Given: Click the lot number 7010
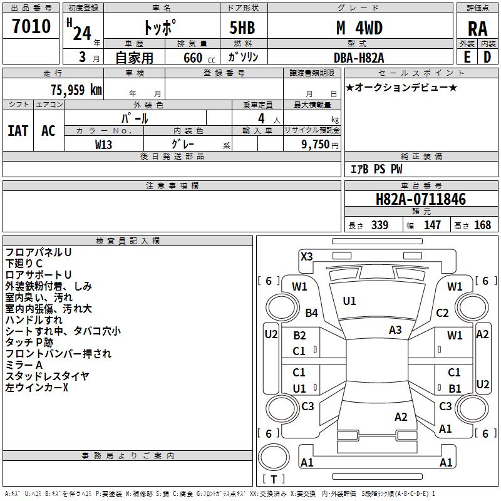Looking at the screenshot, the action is pyautogui.click(x=31, y=26).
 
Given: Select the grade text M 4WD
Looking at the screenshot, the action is pyautogui.click(x=359, y=28).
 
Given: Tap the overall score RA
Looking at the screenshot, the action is pyautogui.click(x=477, y=29).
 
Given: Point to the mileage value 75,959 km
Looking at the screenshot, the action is pyautogui.click(x=76, y=90).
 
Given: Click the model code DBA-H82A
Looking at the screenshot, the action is pyautogui.click(x=359, y=58).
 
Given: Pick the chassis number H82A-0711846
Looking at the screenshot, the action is pyautogui.click(x=421, y=199).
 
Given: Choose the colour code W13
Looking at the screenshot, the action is pyautogui.click(x=103, y=145).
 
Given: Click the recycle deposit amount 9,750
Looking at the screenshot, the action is pyautogui.click(x=316, y=144).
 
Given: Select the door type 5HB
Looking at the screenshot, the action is pyautogui.click(x=242, y=28).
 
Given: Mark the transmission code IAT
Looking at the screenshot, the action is pyautogui.click(x=18, y=131).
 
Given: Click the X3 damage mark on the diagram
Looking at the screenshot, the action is pyautogui.click(x=306, y=256).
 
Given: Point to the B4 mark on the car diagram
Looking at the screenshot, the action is pyautogui.click(x=311, y=312).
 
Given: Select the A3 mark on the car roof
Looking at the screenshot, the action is pyautogui.click(x=395, y=329).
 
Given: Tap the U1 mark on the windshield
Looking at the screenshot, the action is pyautogui.click(x=349, y=301).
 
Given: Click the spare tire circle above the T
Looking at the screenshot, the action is pyautogui.click(x=274, y=457).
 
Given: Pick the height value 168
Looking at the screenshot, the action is pyautogui.click(x=482, y=225).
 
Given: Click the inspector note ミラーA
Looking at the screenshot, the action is pyautogui.click(x=24, y=365).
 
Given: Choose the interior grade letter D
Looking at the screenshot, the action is pyautogui.click(x=487, y=57).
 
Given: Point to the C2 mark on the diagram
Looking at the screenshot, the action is pyautogui.click(x=442, y=312).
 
